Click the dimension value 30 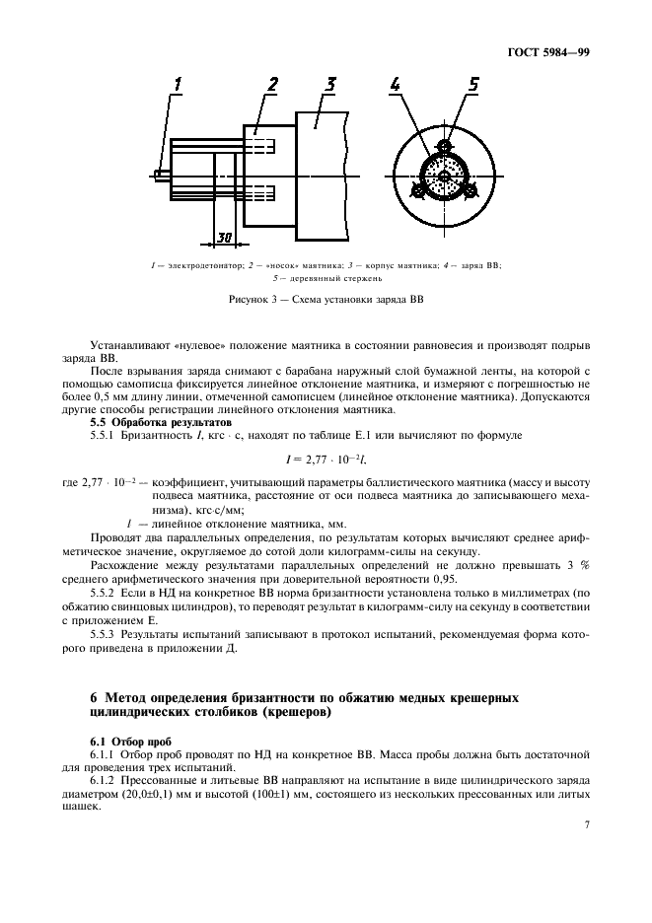point(225,236)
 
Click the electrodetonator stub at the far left point(161,176)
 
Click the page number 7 point(587,850)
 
